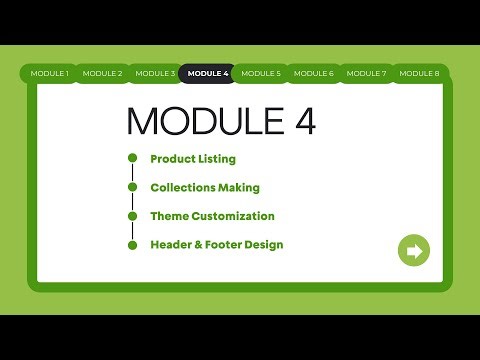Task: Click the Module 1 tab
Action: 49,73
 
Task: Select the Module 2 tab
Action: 102,73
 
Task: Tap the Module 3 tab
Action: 155,73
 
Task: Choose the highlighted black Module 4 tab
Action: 208,73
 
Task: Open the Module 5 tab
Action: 261,73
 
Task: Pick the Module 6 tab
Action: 314,73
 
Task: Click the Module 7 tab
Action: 367,73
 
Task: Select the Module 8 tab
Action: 419,73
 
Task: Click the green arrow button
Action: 413,250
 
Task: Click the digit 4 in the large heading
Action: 304,121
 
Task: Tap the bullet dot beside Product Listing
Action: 131,158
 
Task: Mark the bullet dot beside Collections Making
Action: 131,187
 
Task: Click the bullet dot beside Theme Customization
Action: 131,215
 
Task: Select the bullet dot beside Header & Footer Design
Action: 131,244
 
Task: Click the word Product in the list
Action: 171,158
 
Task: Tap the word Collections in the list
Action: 183,187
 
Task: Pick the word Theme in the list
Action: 168,215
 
